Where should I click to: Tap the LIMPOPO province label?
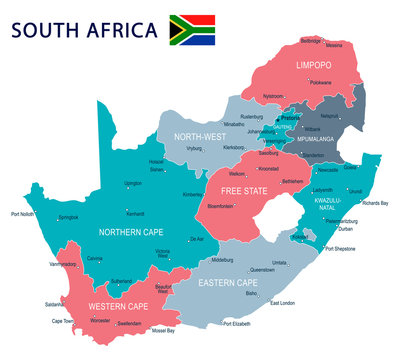(313, 65)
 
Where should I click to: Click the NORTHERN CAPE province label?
(130, 231)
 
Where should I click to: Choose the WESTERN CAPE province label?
(119, 305)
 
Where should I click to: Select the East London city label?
(283, 303)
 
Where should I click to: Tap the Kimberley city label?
(194, 194)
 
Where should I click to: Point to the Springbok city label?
(68, 217)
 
